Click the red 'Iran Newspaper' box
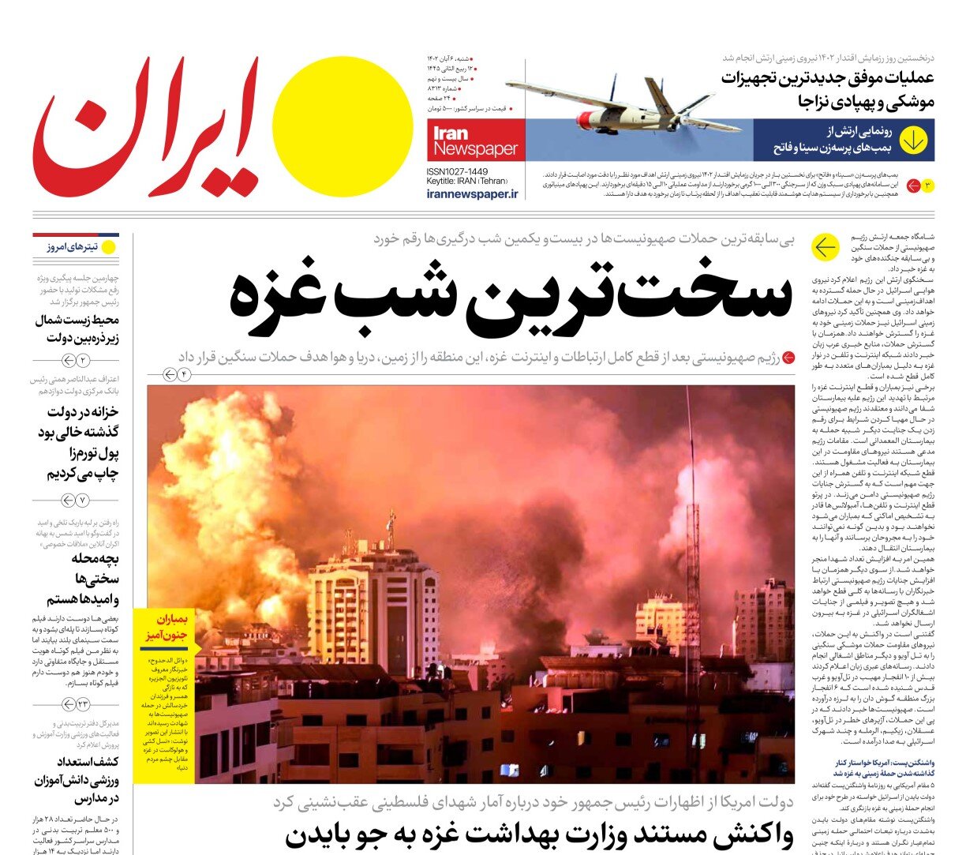click(x=475, y=141)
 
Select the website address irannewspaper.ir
click(x=472, y=194)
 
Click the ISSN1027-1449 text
click(x=457, y=171)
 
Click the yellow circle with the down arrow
click(x=914, y=141)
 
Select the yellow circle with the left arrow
click(x=825, y=248)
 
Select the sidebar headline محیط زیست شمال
click(x=77, y=329)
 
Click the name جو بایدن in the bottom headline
click(x=331, y=836)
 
